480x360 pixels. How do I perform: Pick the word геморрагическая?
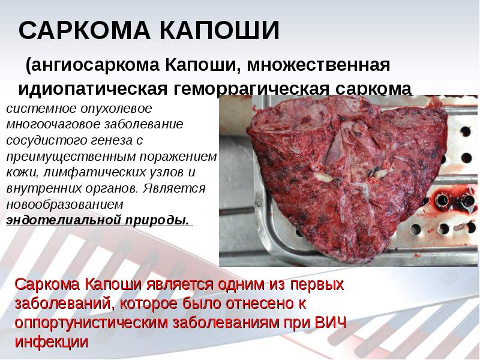[247, 89]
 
